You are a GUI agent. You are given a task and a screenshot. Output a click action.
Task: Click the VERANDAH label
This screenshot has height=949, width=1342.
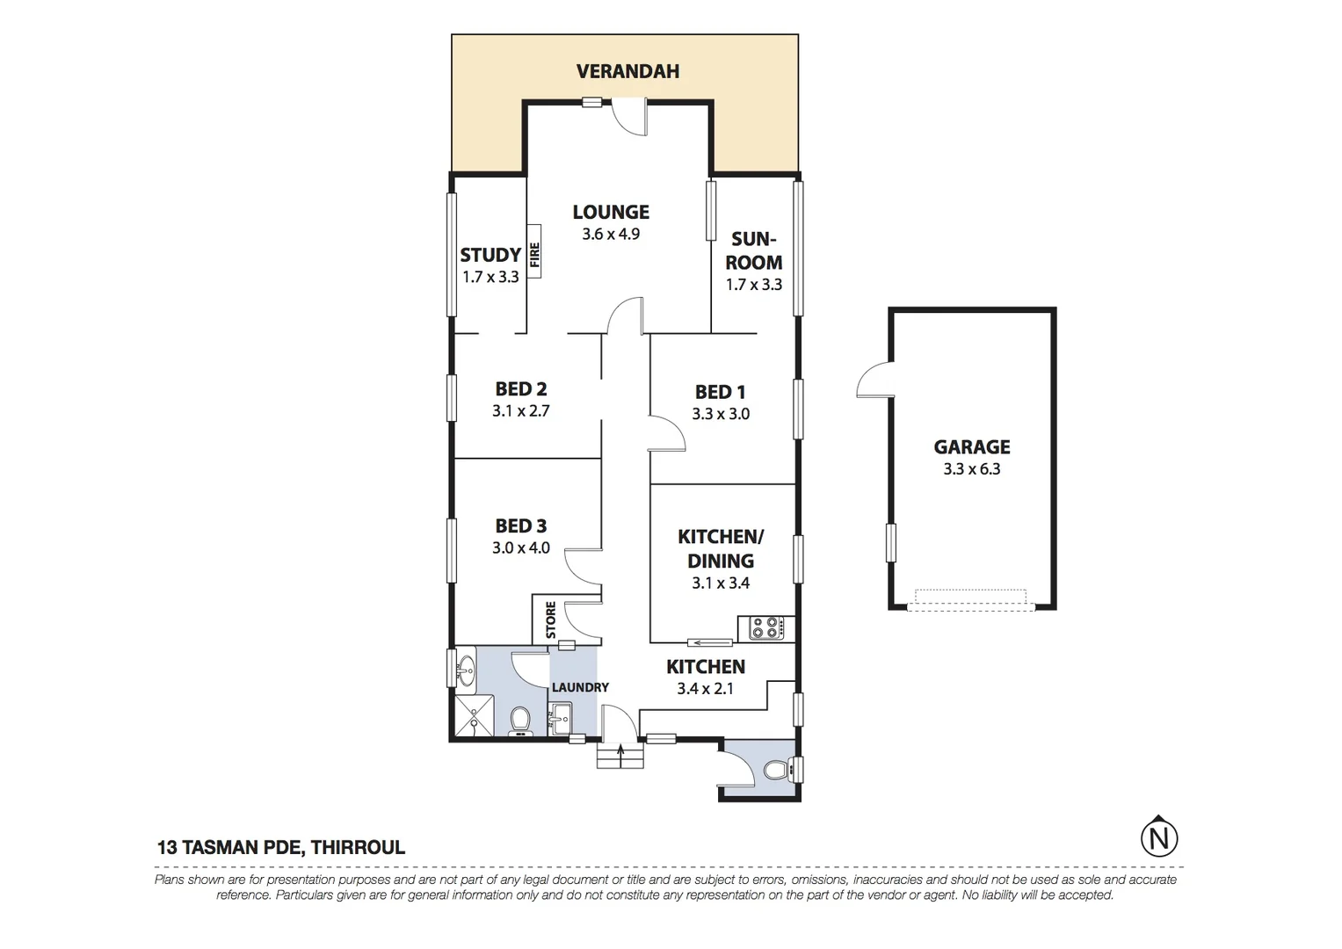[x=627, y=71]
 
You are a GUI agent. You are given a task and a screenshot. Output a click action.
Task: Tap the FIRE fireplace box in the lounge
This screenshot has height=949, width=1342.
[x=534, y=255]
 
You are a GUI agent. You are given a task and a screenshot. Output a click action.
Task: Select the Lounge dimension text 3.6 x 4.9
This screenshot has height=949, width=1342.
[x=610, y=235]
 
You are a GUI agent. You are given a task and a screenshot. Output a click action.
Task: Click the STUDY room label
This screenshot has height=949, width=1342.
[x=490, y=255]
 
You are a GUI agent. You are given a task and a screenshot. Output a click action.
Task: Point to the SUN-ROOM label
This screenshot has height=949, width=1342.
[x=753, y=250]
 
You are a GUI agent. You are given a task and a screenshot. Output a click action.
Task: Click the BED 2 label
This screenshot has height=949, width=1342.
[x=520, y=388]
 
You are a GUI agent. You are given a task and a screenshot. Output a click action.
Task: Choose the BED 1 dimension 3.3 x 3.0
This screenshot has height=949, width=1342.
[x=720, y=414]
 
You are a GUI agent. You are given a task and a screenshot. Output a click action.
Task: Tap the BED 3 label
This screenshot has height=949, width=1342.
[x=520, y=525]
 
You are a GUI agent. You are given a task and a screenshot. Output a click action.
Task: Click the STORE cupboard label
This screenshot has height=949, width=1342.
[x=551, y=619]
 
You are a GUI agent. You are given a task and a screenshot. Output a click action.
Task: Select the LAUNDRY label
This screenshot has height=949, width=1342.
[x=579, y=687]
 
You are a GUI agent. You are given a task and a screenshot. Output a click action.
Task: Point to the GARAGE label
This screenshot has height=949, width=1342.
[x=971, y=446]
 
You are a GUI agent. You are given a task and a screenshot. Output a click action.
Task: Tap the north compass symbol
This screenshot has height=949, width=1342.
[x=1158, y=837]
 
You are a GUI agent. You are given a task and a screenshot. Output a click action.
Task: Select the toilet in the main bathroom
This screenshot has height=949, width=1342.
[x=520, y=721]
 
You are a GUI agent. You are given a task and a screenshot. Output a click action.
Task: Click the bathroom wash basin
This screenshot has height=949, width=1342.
[x=465, y=671]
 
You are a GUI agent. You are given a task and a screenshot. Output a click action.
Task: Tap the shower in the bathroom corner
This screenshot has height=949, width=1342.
[x=473, y=717]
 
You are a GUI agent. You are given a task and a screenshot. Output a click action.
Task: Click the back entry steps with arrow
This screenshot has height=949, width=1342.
[x=621, y=757]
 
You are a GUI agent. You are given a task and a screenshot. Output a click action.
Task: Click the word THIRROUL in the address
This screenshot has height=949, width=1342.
[x=359, y=848]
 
